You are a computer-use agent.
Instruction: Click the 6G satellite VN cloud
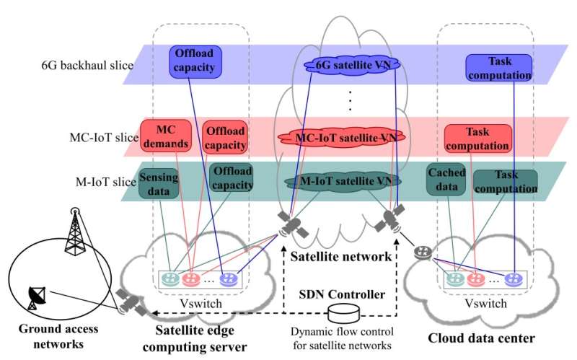coord(353,65)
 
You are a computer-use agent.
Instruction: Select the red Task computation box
coord(478,139)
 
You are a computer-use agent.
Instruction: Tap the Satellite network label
coord(339,255)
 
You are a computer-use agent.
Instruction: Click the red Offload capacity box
coord(226,137)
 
